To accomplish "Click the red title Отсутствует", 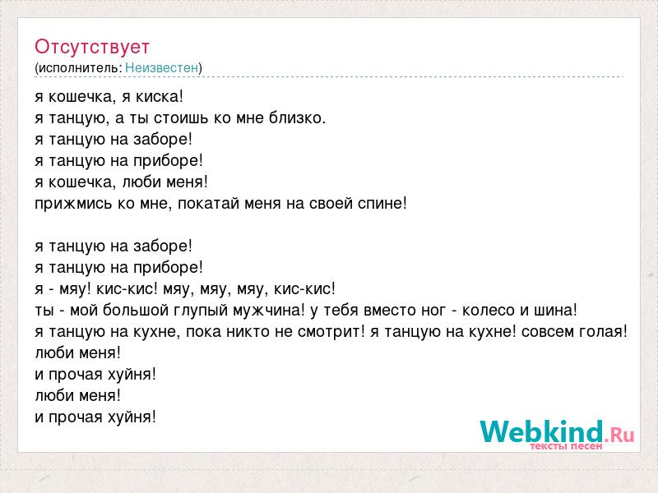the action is pyautogui.click(x=92, y=47).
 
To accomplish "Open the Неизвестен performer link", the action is pyautogui.click(x=161, y=67).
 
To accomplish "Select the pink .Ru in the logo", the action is pyautogui.click(x=619, y=435).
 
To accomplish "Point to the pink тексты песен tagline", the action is pyautogui.click(x=566, y=446).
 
